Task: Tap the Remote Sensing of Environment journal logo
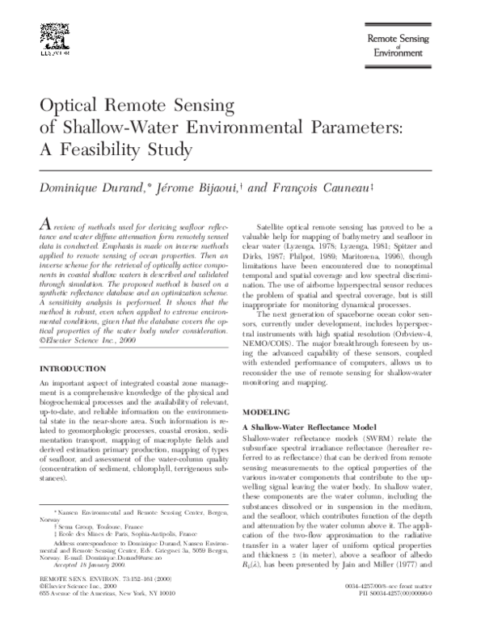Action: (404, 47)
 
